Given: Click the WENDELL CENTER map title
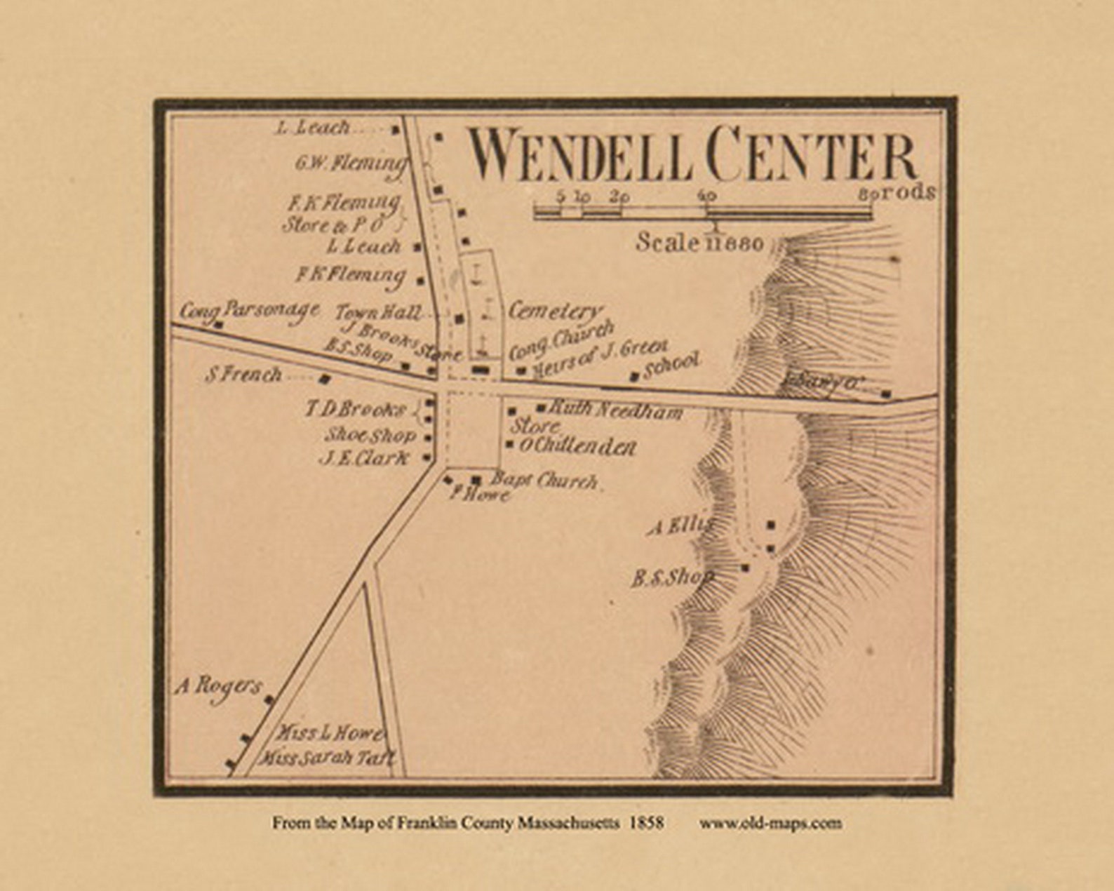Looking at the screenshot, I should tap(693, 155).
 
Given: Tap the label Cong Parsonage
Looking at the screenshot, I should tap(249, 310).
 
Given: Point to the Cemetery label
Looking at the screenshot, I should tap(555, 311).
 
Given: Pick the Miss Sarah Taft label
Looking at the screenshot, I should tap(328, 758).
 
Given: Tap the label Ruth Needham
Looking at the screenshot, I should tap(615, 410).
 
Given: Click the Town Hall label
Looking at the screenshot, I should tap(378, 312).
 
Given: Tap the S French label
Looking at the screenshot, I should tap(243, 375).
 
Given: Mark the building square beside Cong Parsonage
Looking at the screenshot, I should tap(219, 325).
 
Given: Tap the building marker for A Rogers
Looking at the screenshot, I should tap(269, 699).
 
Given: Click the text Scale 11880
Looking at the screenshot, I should tap(699, 243).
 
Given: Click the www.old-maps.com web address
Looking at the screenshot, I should tap(770, 823).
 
